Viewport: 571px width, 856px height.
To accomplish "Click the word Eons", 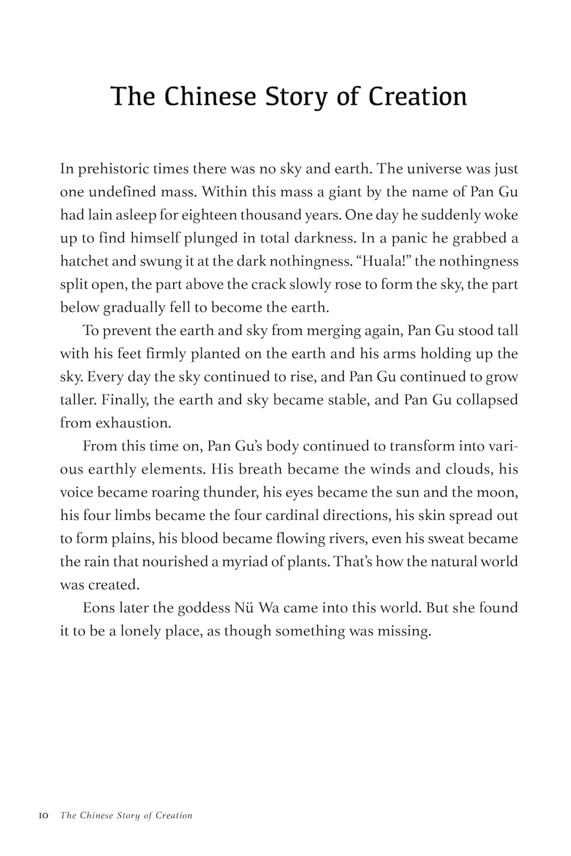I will tap(100, 607).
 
